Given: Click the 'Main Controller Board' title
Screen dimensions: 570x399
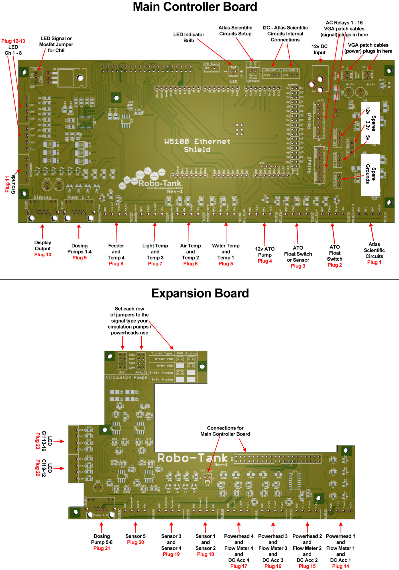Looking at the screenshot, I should coord(195,7).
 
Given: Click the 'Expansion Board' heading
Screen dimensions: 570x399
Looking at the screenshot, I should coord(200,293).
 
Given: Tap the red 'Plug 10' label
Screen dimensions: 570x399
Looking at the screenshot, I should coord(43,255).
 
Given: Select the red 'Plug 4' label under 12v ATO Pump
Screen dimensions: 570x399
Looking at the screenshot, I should coord(265,261).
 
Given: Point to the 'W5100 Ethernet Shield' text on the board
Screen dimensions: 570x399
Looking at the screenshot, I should coord(197,145).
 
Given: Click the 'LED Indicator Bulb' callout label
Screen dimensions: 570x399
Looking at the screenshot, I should coord(189,37).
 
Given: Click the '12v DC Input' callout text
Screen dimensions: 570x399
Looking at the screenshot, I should coord(319,49).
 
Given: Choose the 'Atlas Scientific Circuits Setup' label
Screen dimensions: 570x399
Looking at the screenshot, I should coord(235,31).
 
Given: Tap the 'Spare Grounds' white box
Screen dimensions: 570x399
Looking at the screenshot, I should coord(370,175).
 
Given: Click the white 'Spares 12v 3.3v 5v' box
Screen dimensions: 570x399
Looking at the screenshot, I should coord(370,123).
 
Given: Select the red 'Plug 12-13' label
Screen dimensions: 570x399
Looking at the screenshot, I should coord(13,41).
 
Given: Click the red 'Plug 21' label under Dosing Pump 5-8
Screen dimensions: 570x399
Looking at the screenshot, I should coord(101,548).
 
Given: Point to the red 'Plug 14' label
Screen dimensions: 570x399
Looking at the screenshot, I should coord(340,566).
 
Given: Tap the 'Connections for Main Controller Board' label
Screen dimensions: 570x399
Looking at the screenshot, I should coord(225,431).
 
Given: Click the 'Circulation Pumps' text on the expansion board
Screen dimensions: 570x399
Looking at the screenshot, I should coord(126,377).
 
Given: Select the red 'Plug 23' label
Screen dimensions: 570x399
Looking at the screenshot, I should coord(38,441).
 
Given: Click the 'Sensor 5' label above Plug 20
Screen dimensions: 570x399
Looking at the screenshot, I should coord(135,536).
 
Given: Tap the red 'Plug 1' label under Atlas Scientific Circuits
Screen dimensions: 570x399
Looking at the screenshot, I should coord(374,262).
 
